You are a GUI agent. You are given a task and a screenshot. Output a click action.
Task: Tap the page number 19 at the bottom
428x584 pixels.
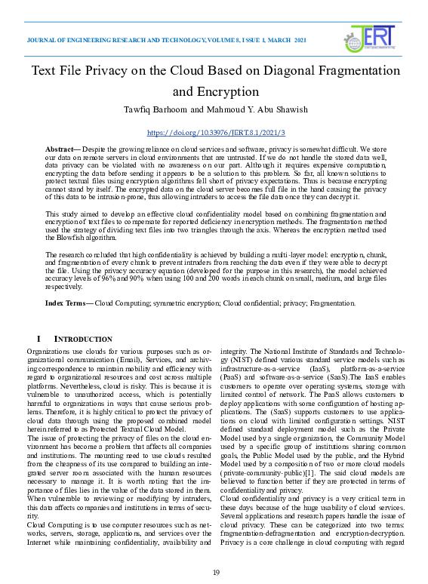click(215, 573)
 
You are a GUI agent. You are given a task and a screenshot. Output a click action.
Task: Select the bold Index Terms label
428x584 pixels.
click(68, 303)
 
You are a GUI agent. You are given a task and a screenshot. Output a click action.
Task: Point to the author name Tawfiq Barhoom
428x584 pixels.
click(152, 110)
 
